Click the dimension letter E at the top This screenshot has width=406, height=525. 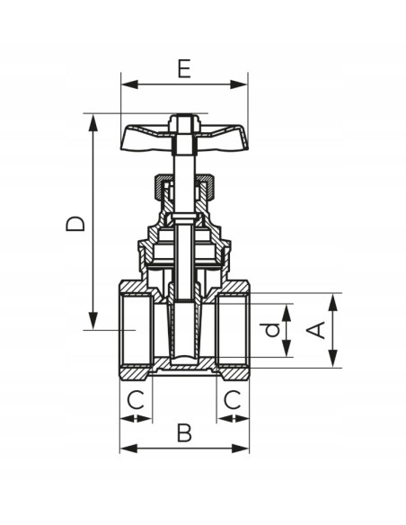coord(184,69)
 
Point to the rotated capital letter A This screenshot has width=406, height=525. coord(315,330)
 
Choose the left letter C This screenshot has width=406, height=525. coord(135,400)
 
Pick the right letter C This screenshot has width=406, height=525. coord(233,400)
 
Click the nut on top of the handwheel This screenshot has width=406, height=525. coord(185,119)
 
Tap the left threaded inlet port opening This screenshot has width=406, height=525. coord(135,331)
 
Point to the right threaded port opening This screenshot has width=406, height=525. coord(233,331)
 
